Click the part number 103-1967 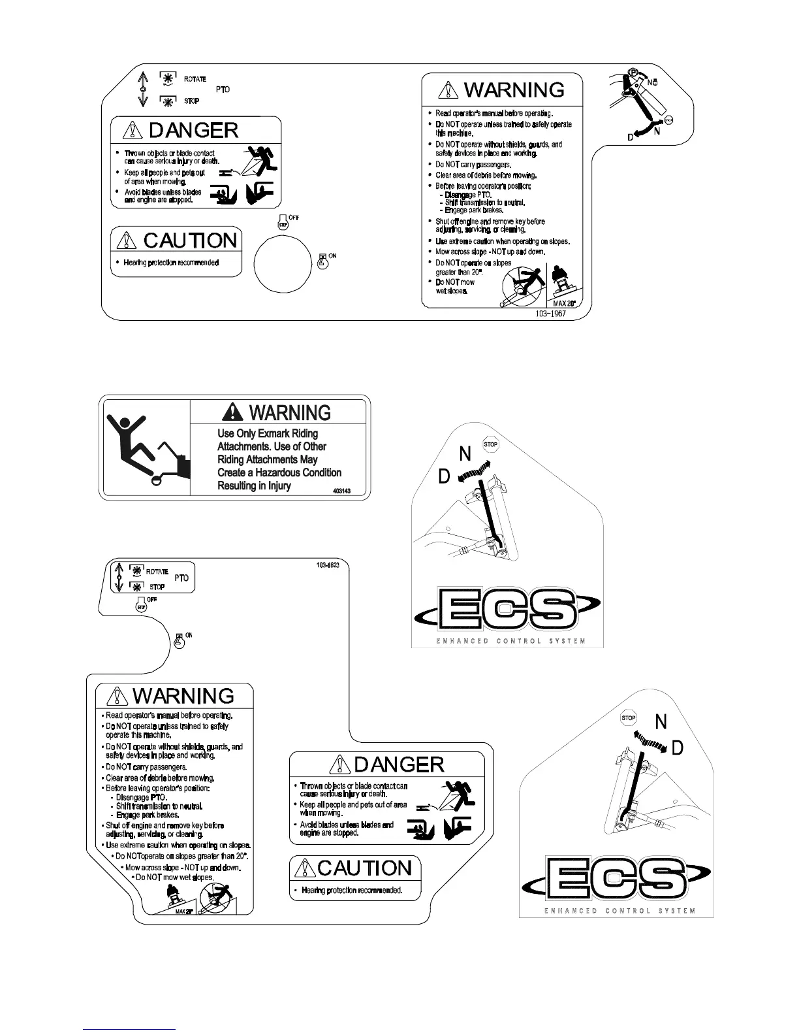(550, 314)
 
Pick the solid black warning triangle (232, 412)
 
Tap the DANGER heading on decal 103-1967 (193, 131)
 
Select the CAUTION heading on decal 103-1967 (190, 240)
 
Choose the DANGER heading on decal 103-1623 (399, 764)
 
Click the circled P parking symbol (633, 72)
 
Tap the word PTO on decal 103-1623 (181, 578)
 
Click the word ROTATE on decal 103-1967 (195, 79)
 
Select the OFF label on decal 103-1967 (294, 218)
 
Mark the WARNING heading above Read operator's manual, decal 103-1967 (514, 90)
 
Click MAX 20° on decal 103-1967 (563, 304)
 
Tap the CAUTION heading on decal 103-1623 (365, 868)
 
